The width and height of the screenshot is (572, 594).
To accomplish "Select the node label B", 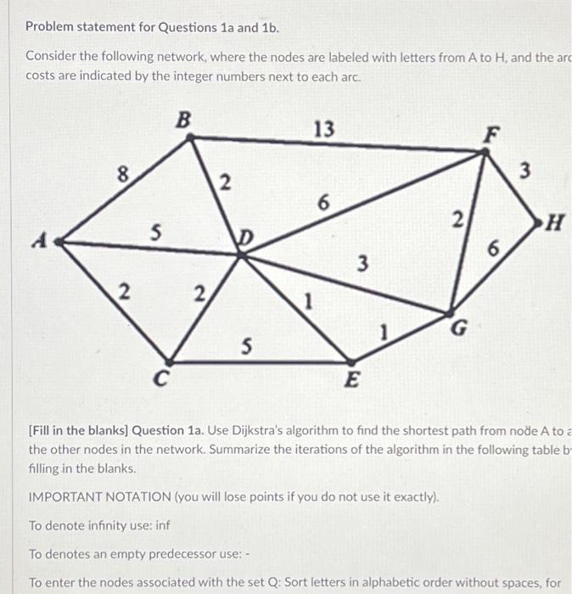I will (x=182, y=120).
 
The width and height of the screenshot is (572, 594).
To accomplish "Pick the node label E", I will (x=350, y=381).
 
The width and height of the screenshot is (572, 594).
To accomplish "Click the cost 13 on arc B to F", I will (x=323, y=129).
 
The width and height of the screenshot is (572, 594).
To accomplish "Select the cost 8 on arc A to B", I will (x=123, y=176).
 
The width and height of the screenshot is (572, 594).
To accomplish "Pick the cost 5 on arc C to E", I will (x=246, y=346).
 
